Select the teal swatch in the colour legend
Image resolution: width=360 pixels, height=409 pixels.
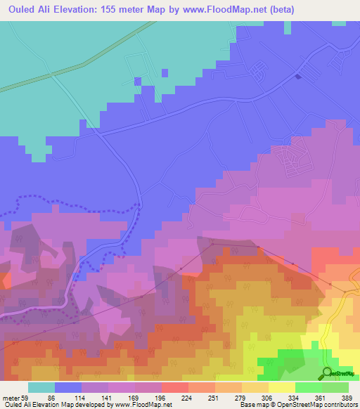pos(41,387)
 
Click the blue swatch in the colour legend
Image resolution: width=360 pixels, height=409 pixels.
pos(68,387)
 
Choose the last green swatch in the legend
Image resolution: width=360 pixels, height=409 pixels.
pos(335,387)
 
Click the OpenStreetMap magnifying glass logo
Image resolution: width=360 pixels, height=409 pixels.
pos(327,372)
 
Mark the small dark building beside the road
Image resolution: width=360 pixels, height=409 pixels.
pos(298,77)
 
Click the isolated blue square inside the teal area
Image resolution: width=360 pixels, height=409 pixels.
pos(164,72)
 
